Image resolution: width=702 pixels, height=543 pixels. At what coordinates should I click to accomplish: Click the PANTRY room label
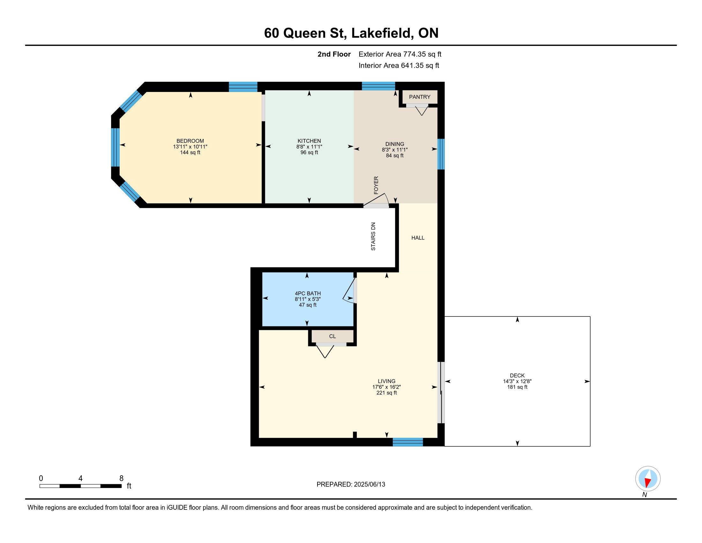click(420, 97)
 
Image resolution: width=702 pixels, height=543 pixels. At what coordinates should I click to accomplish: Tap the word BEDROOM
click(190, 141)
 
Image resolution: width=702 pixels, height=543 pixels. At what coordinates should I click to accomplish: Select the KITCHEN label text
click(309, 141)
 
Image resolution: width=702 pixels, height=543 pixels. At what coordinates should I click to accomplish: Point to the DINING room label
click(395, 144)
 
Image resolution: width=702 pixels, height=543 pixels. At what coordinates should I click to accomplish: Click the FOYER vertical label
click(376, 185)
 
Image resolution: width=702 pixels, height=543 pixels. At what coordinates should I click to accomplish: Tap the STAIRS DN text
click(373, 236)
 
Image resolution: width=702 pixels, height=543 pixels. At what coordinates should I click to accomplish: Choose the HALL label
click(418, 238)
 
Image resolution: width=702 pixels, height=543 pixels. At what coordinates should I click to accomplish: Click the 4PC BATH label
click(308, 293)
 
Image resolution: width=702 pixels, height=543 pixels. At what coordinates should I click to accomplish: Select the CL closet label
click(332, 336)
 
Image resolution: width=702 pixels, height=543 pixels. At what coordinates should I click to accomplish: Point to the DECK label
click(517, 375)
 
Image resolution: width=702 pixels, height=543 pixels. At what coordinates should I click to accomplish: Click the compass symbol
click(648, 478)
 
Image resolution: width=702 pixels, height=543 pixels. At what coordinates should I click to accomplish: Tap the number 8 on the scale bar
click(121, 478)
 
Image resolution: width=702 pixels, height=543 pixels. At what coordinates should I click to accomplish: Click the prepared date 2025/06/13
click(369, 485)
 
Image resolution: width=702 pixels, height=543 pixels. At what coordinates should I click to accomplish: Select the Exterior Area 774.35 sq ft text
click(400, 54)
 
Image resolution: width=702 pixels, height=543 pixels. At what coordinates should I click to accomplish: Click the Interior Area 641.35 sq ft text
click(399, 65)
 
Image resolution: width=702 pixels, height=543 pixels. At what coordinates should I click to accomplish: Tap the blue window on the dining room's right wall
click(441, 154)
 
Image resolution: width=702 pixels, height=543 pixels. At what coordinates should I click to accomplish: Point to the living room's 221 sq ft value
click(386, 393)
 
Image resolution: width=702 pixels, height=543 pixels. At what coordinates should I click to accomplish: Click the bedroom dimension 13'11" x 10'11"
click(190, 147)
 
